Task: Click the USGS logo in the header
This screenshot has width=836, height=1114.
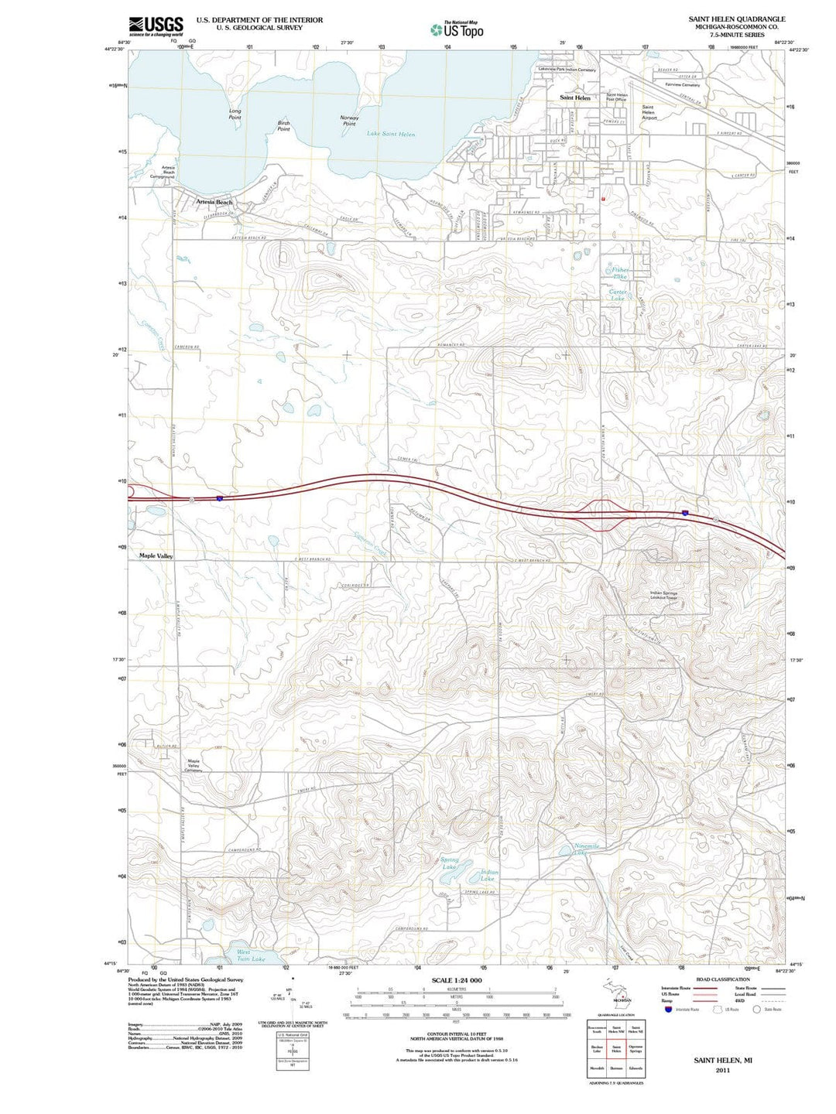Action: pos(156,26)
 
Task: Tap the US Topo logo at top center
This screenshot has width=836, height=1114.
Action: pos(457,29)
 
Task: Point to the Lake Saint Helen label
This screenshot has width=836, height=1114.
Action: pos(390,134)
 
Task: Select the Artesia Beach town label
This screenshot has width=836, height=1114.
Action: pos(214,202)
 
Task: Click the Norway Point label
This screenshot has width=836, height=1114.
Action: pos(349,120)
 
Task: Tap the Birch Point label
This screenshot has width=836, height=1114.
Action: pos(283,125)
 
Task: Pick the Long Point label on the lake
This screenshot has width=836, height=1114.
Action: pos(235,114)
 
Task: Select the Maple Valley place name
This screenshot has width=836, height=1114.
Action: pos(156,555)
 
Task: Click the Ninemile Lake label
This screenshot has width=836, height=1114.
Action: pos(587,849)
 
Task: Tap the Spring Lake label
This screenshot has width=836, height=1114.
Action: pos(449,863)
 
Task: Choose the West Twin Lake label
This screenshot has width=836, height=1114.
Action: pos(250,955)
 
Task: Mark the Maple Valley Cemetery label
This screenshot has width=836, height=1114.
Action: pos(194,766)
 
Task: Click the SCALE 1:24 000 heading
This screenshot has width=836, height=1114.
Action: pos(456,980)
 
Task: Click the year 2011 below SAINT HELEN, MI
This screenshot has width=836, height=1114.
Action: pos(722,1071)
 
